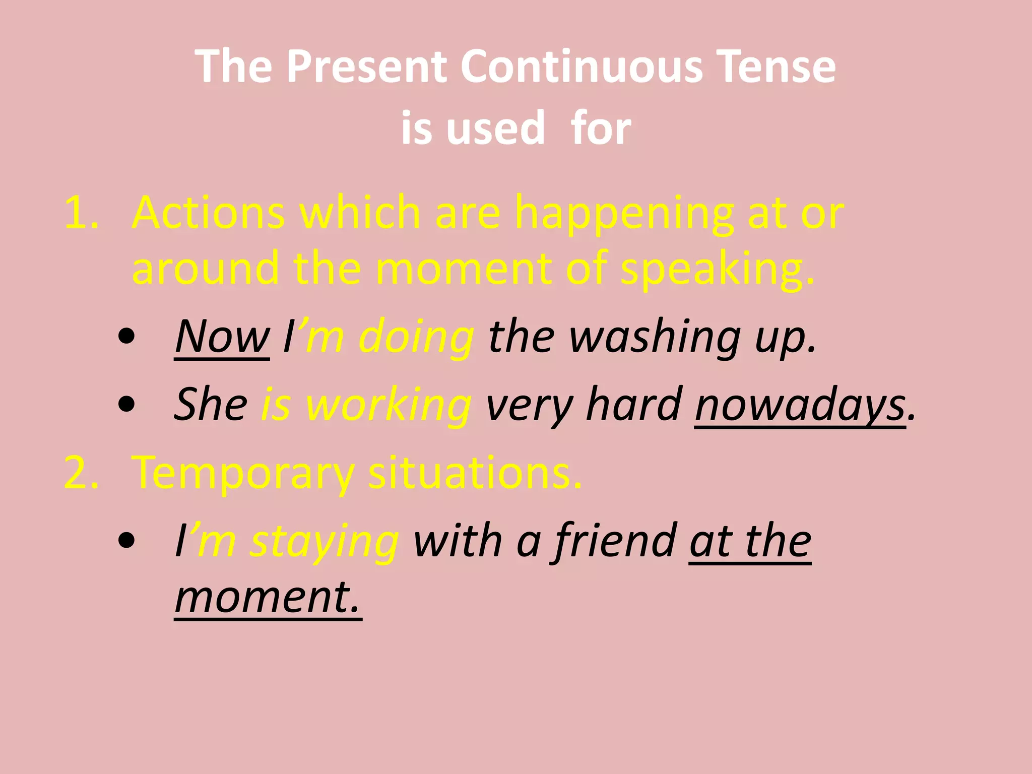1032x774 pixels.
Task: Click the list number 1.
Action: pyautogui.click(x=81, y=214)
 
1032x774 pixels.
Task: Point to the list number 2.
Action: pyautogui.click(x=81, y=473)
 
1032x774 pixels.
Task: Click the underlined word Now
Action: pyautogui.click(x=222, y=337)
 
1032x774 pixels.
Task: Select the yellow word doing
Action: pyautogui.click(x=416, y=337)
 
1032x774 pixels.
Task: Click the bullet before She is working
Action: pyautogui.click(x=126, y=404)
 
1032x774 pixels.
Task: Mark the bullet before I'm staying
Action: pyautogui.click(x=126, y=540)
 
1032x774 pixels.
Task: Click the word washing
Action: pyautogui.click(x=655, y=337)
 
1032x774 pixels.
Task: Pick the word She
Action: pyautogui.click(x=211, y=404)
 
